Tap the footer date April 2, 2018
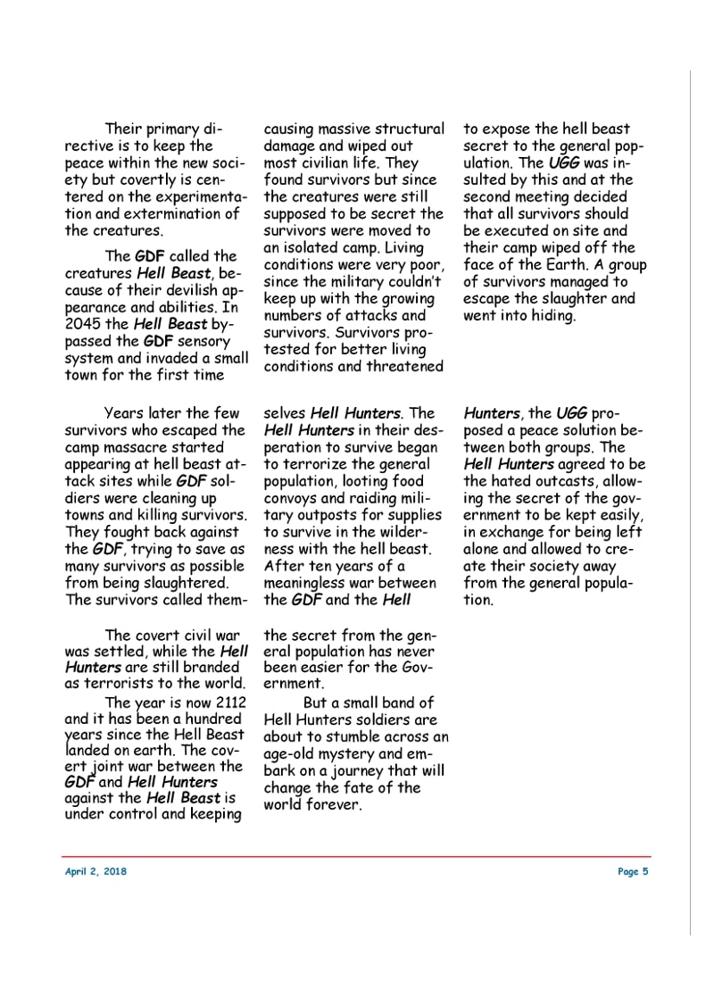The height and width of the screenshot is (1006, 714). click(x=95, y=871)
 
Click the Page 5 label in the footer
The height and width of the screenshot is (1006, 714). click(x=633, y=871)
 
